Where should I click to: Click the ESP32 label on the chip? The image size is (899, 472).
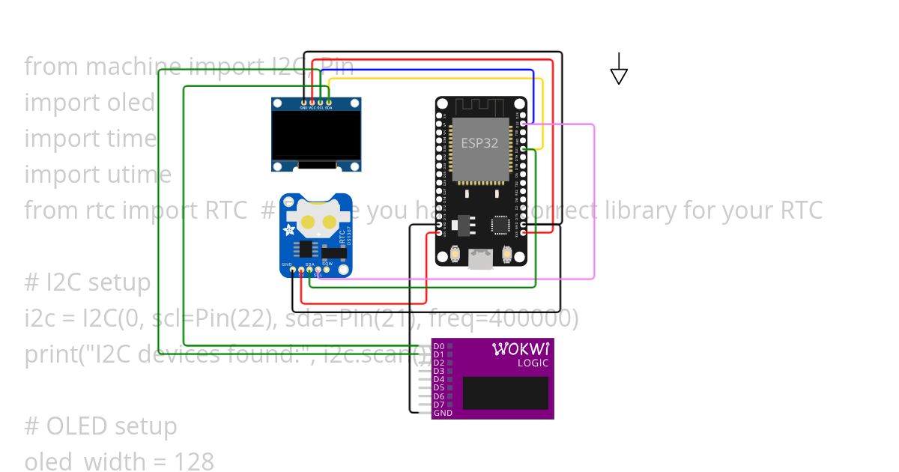(x=479, y=143)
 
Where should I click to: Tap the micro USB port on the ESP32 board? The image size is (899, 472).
(x=479, y=259)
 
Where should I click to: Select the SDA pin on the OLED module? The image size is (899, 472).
(x=329, y=102)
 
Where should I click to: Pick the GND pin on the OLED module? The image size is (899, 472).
(x=303, y=102)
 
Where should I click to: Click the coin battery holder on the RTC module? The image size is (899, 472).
(x=316, y=217)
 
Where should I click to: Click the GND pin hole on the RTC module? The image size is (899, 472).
(x=293, y=270)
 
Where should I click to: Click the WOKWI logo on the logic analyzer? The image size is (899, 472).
(x=521, y=349)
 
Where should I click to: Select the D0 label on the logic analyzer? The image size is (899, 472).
(x=439, y=347)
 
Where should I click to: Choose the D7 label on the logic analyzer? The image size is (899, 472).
(x=439, y=405)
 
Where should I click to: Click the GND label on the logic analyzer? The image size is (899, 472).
(x=442, y=413)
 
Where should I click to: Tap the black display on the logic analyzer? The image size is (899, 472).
(x=505, y=393)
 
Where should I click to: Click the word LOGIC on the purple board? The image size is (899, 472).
(x=533, y=363)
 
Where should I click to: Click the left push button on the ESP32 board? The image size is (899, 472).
(x=455, y=255)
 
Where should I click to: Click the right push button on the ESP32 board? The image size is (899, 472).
(x=506, y=255)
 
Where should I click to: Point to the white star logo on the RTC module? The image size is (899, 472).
(x=289, y=230)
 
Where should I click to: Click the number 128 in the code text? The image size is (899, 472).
(x=194, y=462)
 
